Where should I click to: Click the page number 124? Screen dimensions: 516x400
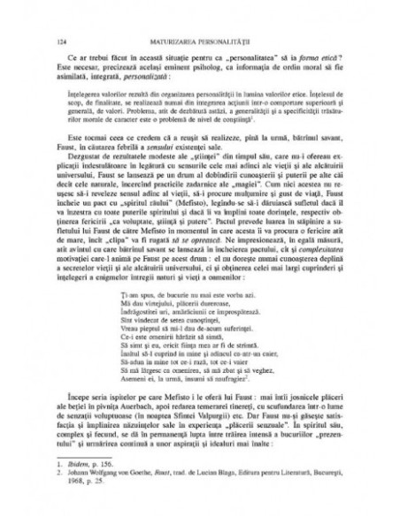coord(58,41)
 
